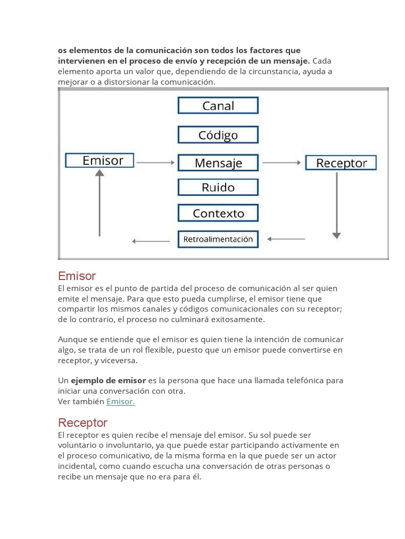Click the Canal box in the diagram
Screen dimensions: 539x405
(x=218, y=106)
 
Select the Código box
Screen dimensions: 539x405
(x=218, y=135)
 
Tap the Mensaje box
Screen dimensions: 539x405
(x=218, y=163)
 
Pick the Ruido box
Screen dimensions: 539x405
(x=218, y=187)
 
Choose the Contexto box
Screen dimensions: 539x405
(x=218, y=213)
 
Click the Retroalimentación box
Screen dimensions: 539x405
(x=218, y=239)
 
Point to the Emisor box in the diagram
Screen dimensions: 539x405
(x=100, y=161)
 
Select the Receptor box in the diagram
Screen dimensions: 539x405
(x=341, y=163)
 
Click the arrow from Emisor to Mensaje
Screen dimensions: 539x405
(x=156, y=163)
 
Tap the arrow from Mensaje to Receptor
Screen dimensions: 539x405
(x=282, y=163)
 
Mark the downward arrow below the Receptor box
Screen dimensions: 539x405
(x=336, y=205)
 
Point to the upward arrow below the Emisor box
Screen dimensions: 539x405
(x=99, y=203)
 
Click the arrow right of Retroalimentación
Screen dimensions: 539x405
(x=286, y=239)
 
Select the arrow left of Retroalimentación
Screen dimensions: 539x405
(x=151, y=241)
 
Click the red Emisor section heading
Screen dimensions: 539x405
(x=77, y=276)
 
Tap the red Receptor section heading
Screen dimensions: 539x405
(x=83, y=423)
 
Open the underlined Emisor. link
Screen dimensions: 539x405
(x=121, y=402)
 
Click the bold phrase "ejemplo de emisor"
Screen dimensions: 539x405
(x=109, y=381)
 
